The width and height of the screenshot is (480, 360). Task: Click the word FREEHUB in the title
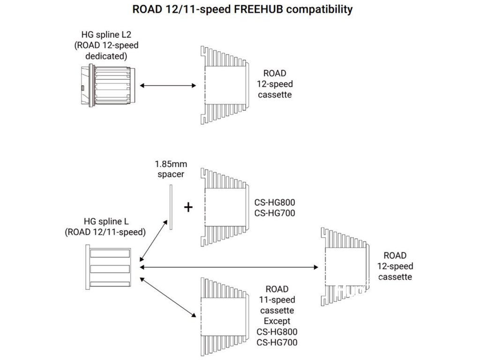[258, 9]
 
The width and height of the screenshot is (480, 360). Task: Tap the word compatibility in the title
[319, 10]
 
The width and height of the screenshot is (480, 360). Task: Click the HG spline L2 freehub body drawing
[108, 85]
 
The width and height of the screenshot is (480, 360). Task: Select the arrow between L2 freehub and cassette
[168, 85]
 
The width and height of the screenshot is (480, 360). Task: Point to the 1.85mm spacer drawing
[171, 207]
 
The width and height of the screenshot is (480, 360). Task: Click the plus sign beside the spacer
[188, 207]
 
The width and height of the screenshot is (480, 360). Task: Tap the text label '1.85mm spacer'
[171, 169]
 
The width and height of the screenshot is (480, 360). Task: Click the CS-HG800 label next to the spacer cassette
[275, 202]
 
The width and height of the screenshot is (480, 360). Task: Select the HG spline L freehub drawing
[108, 267]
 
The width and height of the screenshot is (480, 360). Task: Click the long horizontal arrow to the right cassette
[229, 267]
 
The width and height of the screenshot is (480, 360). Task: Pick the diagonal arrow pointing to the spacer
[154, 240]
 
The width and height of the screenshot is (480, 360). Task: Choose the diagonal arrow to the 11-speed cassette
[168, 297]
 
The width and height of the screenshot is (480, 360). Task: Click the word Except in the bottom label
[277, 321]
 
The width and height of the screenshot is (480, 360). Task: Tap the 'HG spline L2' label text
[106, 35]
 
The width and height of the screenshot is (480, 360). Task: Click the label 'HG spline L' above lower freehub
[106, 221]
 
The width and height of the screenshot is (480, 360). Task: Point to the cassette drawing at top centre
[225, 85]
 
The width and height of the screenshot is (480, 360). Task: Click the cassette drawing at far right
[345, 267]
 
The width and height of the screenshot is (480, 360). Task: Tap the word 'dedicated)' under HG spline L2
[106, 56]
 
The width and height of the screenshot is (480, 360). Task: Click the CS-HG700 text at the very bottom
[277, 342]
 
